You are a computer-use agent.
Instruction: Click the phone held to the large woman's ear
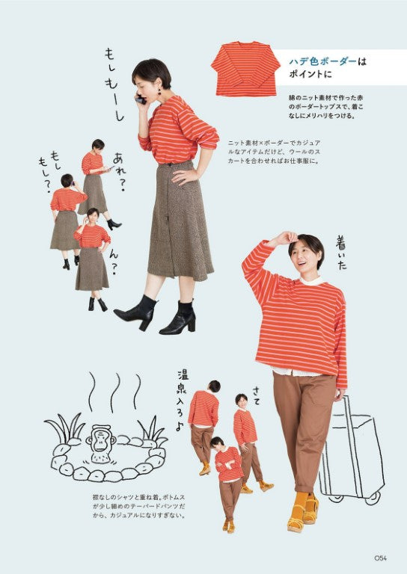(140, 98)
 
